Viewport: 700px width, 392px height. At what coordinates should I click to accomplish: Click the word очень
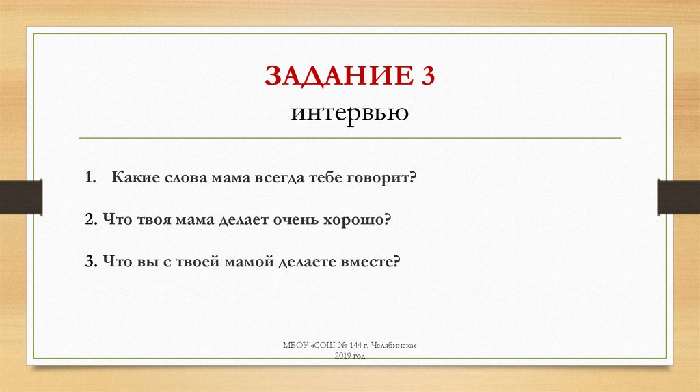coord(301,220)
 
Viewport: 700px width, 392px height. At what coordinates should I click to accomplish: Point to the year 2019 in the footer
coord(342,356)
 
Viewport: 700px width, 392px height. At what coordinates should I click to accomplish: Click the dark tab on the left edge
coord(21,197)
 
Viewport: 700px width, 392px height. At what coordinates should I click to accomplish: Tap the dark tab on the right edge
coord(678,197)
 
